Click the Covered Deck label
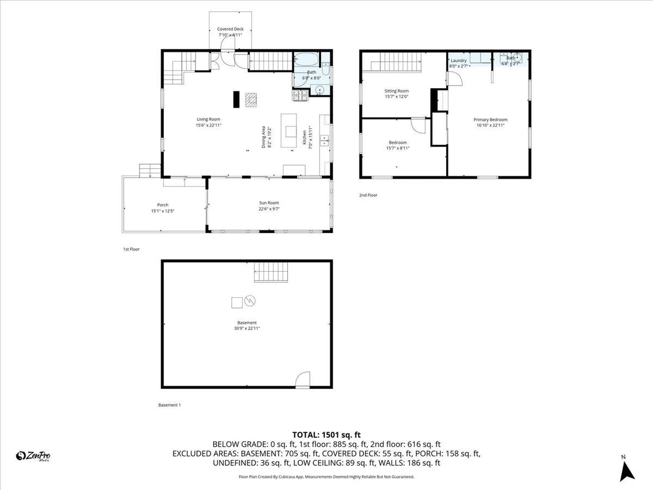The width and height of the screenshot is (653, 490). tap(230, 29)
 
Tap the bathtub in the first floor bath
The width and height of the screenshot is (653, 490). tap(306, 60)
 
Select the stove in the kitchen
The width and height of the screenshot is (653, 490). tap(300, 95)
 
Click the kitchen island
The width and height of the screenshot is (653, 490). tap(289, 131)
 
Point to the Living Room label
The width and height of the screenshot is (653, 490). tap(208, 119)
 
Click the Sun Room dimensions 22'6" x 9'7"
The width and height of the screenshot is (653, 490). tap(269, 209)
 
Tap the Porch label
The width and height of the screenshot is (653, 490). tap(163, 205)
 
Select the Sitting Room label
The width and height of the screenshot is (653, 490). tap(396, 91)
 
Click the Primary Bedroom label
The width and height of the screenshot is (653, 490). tap(490, 119)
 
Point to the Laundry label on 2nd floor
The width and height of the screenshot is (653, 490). tap(458, 60)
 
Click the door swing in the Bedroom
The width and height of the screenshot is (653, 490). tap(418, 125)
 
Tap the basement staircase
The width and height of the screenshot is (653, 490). tap(271, 272)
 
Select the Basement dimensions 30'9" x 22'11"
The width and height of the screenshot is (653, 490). tap(247, 328)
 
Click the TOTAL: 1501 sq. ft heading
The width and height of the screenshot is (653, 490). tap(326, 435)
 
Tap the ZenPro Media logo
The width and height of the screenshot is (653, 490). tap(33, 456)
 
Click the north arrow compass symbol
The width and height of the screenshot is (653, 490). tap(626, 472)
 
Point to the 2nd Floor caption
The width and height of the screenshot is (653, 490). tap(368, 195)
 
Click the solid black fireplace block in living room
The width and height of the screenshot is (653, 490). tap(236, 99)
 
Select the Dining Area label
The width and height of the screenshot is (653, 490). tap(263, 137)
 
